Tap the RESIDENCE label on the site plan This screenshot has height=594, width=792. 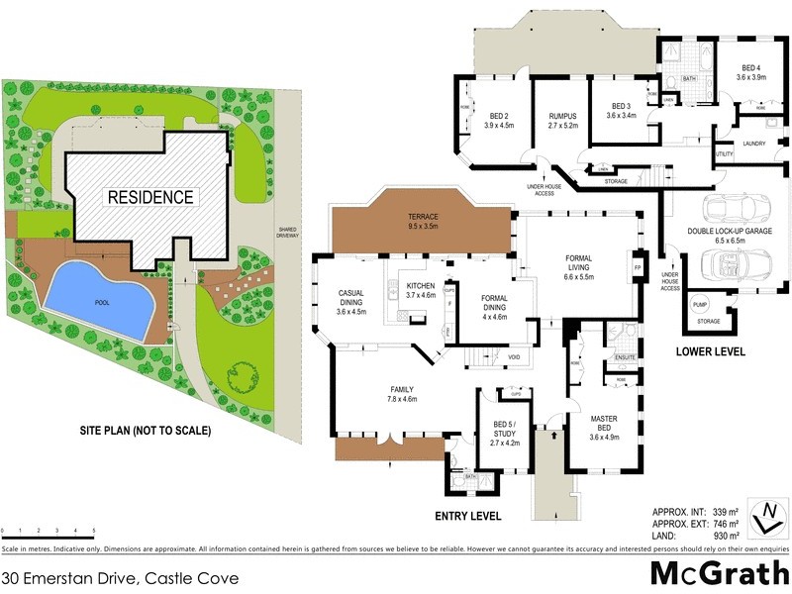[150, 197]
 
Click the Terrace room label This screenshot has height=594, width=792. [423, 221]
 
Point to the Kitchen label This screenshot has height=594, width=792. [420, 289]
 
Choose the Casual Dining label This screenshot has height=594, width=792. [351, 300]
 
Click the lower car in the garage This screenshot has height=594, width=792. [728, 266]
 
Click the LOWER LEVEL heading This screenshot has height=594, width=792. [710, 351]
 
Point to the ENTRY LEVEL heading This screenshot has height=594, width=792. [468, 516]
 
